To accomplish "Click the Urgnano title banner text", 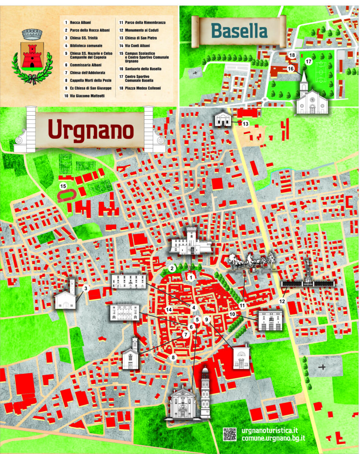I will point(91,129).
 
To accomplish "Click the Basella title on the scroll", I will point(239,31).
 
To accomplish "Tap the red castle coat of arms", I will point(32,56).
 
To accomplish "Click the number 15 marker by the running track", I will point(63,186).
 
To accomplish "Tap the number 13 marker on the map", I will point(245,124).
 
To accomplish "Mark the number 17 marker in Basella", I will point(309,63).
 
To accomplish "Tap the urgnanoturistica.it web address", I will point(271,430).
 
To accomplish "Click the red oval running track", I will point(68,195).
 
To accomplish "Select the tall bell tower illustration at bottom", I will point(205,392).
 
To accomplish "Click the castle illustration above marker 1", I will point(191,242).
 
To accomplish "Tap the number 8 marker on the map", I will point(174,357).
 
